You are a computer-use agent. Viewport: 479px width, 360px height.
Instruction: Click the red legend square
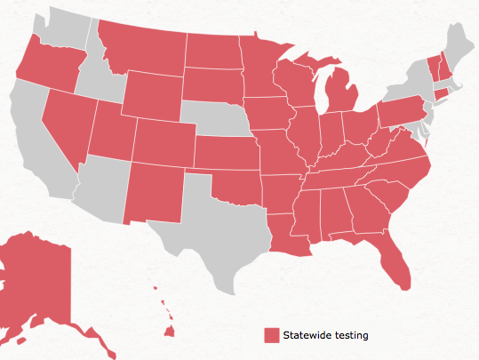pyautogui.click(x=272, y=335)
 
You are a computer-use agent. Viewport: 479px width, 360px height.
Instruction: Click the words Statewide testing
pyautogui.click(x=324, y=335)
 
